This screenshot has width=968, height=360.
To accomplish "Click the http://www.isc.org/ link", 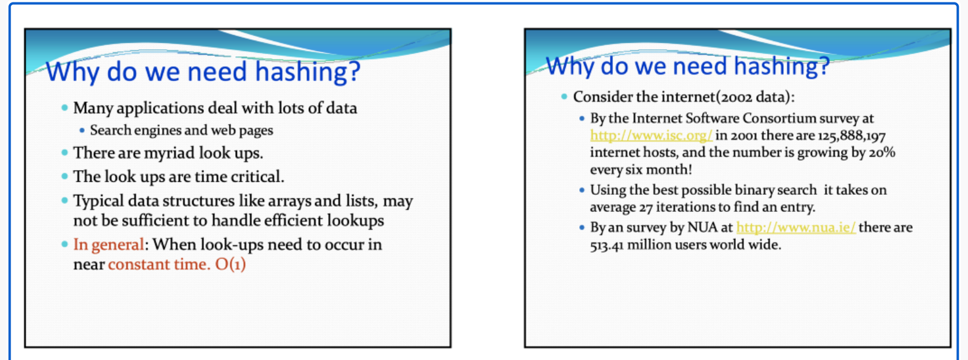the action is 651,136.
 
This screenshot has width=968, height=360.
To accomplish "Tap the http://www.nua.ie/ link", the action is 796,227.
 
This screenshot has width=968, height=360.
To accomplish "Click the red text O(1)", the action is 230,264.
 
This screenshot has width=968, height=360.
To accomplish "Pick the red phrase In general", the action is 109,245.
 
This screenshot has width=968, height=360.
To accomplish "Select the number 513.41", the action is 607,245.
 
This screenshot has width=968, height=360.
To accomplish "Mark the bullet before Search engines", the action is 82,130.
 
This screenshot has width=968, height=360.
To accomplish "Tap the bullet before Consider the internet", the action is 564,96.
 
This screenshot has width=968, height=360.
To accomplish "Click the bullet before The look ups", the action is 65,176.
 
